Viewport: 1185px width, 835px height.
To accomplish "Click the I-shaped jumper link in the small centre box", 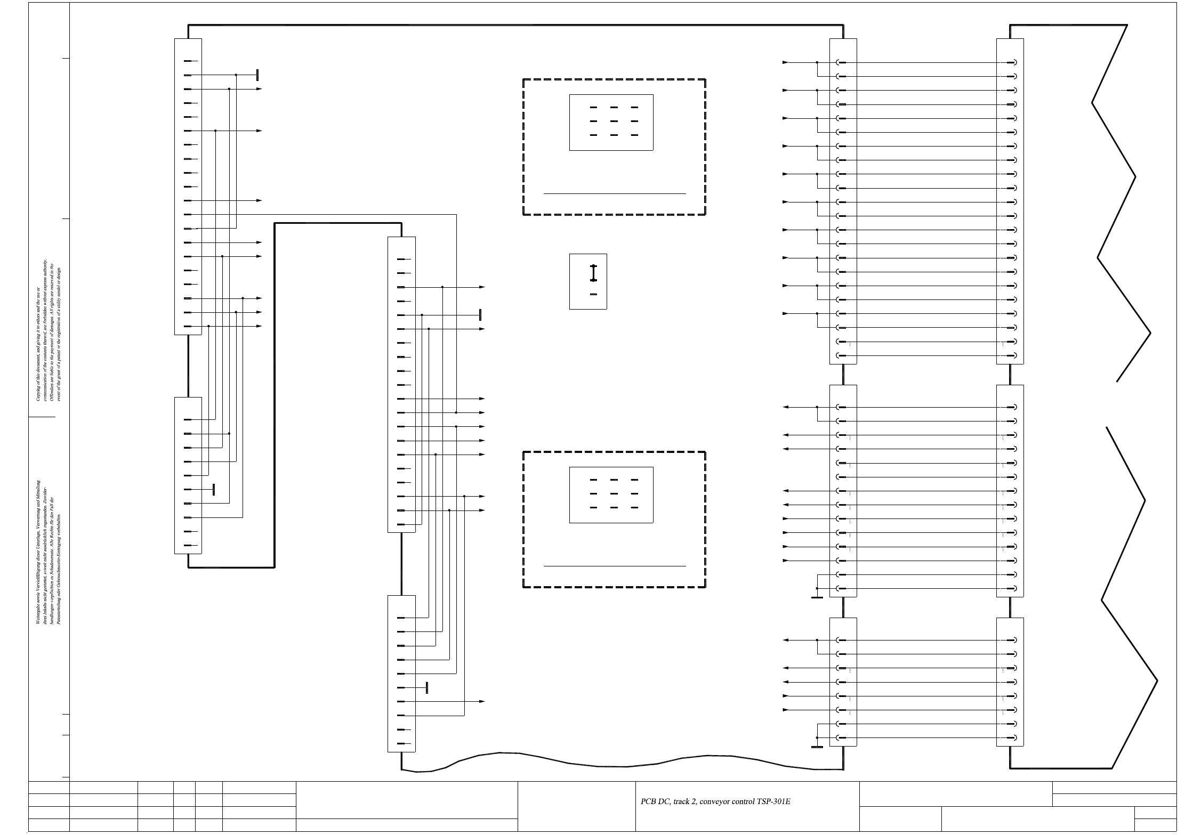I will [593, 273].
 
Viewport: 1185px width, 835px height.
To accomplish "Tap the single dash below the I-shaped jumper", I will [593, 294].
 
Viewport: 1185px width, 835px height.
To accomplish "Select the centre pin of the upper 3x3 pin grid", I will [614, 121].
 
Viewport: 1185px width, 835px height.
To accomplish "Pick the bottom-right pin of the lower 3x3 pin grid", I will [634, 508].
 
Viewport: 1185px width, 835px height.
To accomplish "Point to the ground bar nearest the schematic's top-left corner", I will [257, 75].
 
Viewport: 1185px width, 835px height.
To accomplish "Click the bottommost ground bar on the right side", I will [817, 747].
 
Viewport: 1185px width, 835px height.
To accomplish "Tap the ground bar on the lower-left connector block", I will [214, 490].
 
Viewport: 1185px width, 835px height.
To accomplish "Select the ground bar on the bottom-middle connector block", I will [427, 688].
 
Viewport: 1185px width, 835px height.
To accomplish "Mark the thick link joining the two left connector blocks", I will [188, 366].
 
